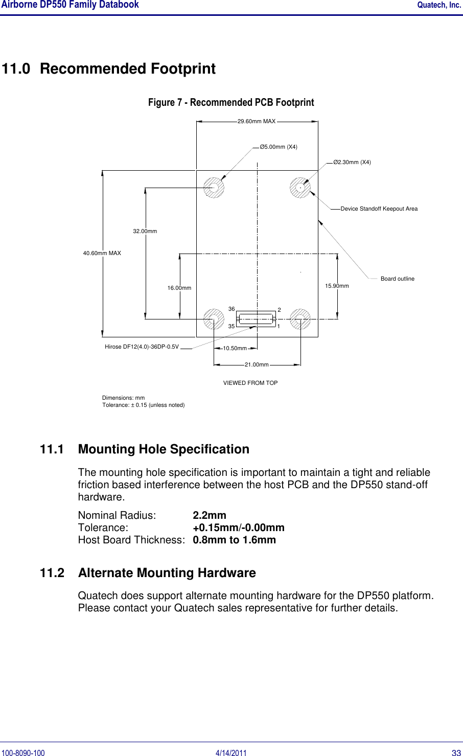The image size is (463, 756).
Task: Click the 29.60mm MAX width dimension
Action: pos(257,122)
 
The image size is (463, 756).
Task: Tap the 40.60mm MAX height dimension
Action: pos(102,253)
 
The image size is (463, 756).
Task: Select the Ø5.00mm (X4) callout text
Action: pos(279,147)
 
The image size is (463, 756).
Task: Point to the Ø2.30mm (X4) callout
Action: pos(352,163)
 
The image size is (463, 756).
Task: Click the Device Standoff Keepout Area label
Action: pos(379,209)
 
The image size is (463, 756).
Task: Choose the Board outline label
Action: pos(397,279)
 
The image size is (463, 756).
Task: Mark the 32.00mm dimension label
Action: pos(145,232)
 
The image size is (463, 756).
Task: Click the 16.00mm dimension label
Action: pos(179,288)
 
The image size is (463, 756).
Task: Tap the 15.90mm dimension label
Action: pos(337,286)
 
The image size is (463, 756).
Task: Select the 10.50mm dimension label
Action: pos(235,349)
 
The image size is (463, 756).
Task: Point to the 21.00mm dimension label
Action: pos(257,365)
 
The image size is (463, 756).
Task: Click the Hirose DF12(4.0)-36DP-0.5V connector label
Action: pos(142,347)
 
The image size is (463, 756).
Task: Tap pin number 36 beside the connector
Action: pos(231,309)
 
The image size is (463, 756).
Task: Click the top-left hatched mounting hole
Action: pos(214,188)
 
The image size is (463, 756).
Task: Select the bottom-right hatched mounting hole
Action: pos(300,319)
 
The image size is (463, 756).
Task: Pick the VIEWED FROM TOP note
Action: pos(250,383)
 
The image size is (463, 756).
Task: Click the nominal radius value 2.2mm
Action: pos(210,515)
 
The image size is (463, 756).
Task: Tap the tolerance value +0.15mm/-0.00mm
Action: pos(239,528)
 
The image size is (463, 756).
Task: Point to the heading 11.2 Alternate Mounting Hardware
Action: pos(148,573)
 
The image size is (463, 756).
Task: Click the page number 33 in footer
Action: pos(456,753)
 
